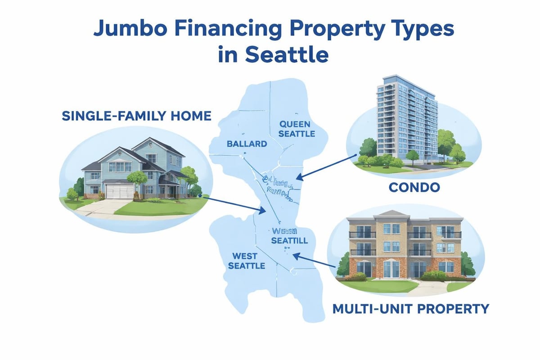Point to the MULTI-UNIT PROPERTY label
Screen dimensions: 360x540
click(410, 309)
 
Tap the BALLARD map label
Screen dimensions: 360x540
click(247, 144)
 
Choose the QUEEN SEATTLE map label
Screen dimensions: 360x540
click(297, 128)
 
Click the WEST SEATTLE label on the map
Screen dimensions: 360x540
click(246, 261)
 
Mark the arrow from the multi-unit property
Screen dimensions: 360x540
click(315, 261)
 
